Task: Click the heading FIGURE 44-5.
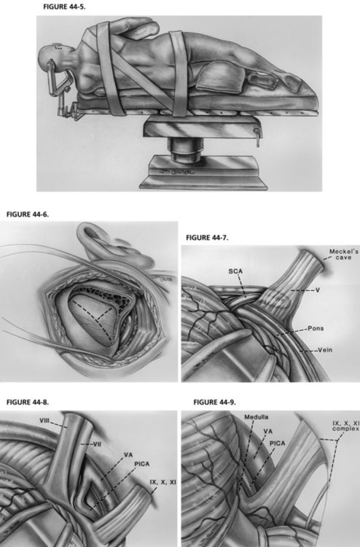pyautogui.click(x=64, y=7)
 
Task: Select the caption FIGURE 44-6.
pyautogui.click(x=28, y=214)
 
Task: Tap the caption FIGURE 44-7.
pyautogui.click(x=208, y=238)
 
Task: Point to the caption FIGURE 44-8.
pyautogui.click(x=28, y=402)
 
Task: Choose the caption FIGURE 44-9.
pyautogui.click(x=215, y=402)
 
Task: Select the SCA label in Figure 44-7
pyautogui.click(x=235, y=271)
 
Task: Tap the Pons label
pyautogui.click(x=316, y=328)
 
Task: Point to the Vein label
pyautogui.click(x=325, y=350)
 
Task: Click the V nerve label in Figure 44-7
pyautogui.click(x=318, y=290)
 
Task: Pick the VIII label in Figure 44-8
pyautogui.click(x=44, y=421)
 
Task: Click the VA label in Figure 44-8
pyautogui.click(x=128, y=455)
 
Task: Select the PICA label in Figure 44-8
pyautogui.click(x=142, y=464)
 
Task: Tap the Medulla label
pyautogui.click(x=256, y=417)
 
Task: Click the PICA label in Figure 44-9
pyautogui.click(x=278, y=443)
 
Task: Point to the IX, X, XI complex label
pyautogui.click(x=345, y=426)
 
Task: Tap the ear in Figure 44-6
pyautogui.click(x=104, y=244)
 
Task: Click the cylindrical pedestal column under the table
pyautogui.click(x=185, y=150)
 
